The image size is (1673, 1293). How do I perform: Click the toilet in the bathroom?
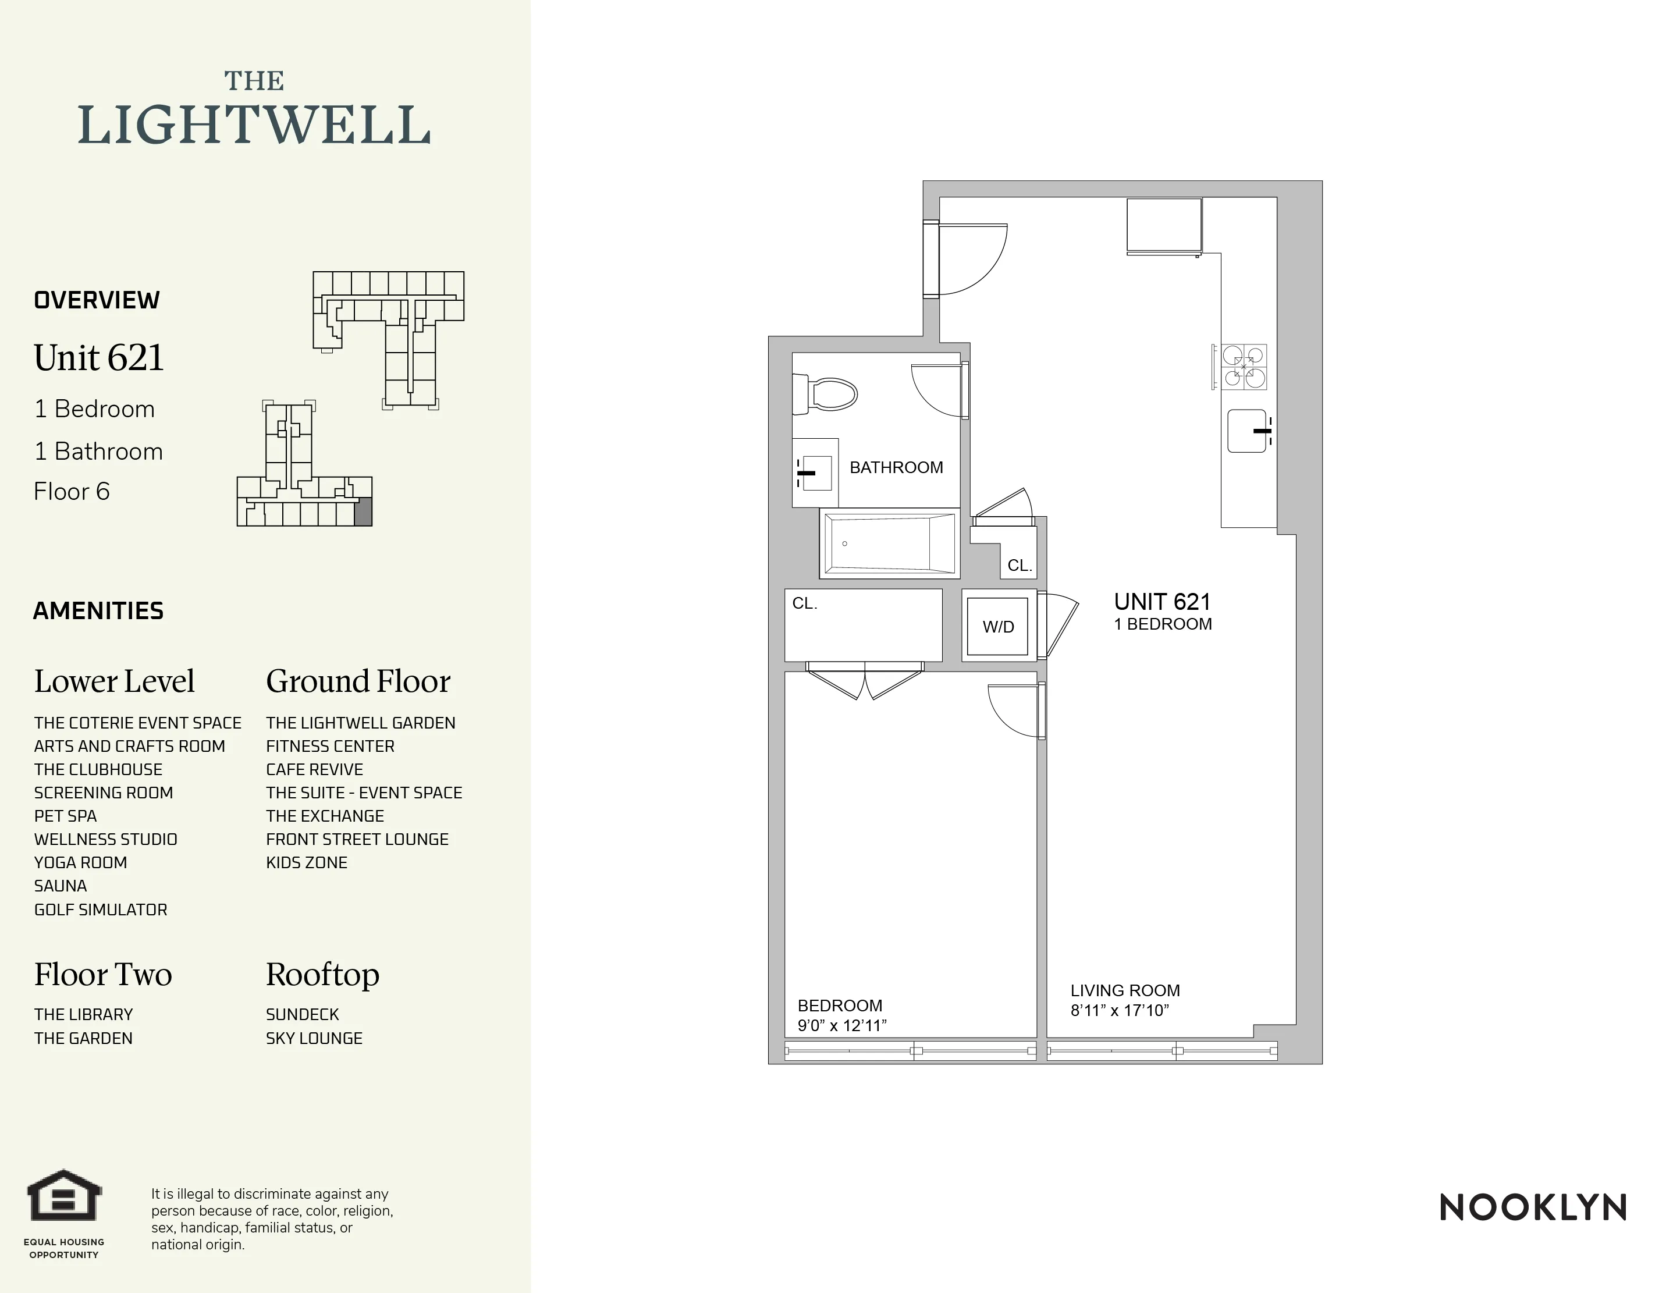827,395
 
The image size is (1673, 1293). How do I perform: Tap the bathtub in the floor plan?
889,543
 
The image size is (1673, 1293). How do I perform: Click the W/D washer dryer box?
997,627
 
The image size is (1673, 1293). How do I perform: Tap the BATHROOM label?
896,467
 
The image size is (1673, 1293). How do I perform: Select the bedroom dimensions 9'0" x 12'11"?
842,1026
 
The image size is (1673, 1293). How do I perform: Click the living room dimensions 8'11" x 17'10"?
1119,1010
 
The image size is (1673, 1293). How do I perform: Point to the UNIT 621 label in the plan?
1161,602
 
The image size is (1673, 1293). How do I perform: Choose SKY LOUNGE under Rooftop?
314,1038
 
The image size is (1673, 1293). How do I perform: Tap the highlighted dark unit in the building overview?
363,511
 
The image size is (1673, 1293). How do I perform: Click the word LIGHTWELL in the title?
254,126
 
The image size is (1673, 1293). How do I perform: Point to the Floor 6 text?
72,491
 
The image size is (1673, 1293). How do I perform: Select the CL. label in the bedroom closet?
804,603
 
